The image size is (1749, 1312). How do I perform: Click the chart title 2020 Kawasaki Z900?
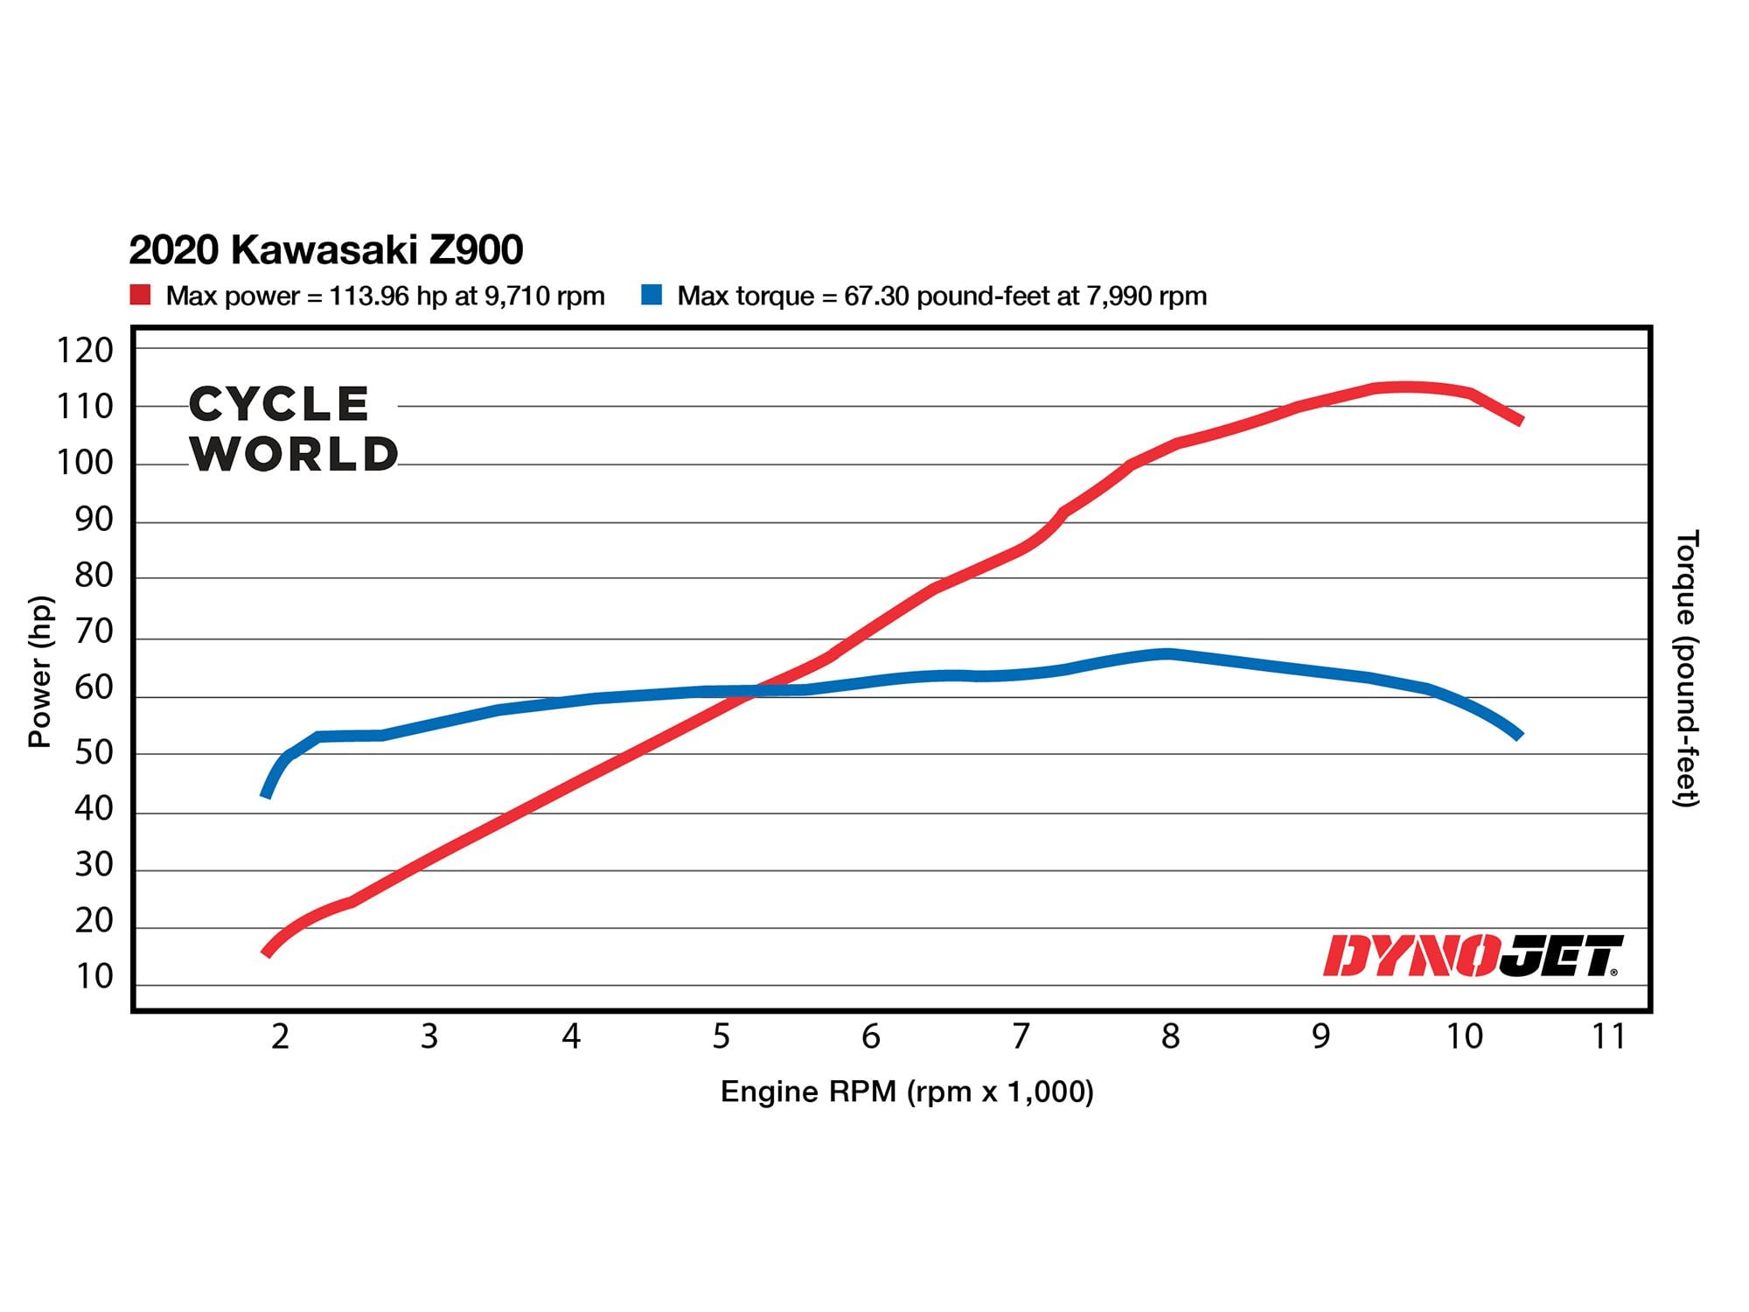click(x=325, y=250)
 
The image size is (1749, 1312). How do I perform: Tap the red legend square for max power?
click(x=140, y=295)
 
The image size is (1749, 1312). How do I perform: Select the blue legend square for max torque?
click(x=652, y=295)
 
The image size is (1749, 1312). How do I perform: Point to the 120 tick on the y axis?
click(x=85, y=351)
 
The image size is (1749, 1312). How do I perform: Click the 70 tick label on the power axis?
click(x=94, y=632)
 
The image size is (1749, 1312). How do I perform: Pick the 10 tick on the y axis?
click(x=94, y=977)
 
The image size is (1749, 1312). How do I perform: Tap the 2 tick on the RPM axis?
click(x=280, y=1036)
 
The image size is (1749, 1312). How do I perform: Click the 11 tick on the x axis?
click(x=1607, y=1036)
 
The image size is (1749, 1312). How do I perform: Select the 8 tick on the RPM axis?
click(x=1170, y=1036)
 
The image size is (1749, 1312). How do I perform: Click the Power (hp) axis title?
click(x=39, y=671)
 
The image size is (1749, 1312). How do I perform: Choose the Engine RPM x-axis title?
click(x=907, y=1092)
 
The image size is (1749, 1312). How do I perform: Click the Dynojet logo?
click(x=1472, y=955)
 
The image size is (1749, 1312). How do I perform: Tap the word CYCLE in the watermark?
click(x=279, y=404)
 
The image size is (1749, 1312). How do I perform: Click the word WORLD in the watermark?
click(x=295, y=454)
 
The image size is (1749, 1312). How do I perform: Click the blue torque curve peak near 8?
click(x=1167, y=654)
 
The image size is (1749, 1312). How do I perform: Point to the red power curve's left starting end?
click(x=267, y=953)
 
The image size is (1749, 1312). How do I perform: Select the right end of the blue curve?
click(x=1519, y=736)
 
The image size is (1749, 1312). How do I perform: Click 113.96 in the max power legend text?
click(x=368, y=297)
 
